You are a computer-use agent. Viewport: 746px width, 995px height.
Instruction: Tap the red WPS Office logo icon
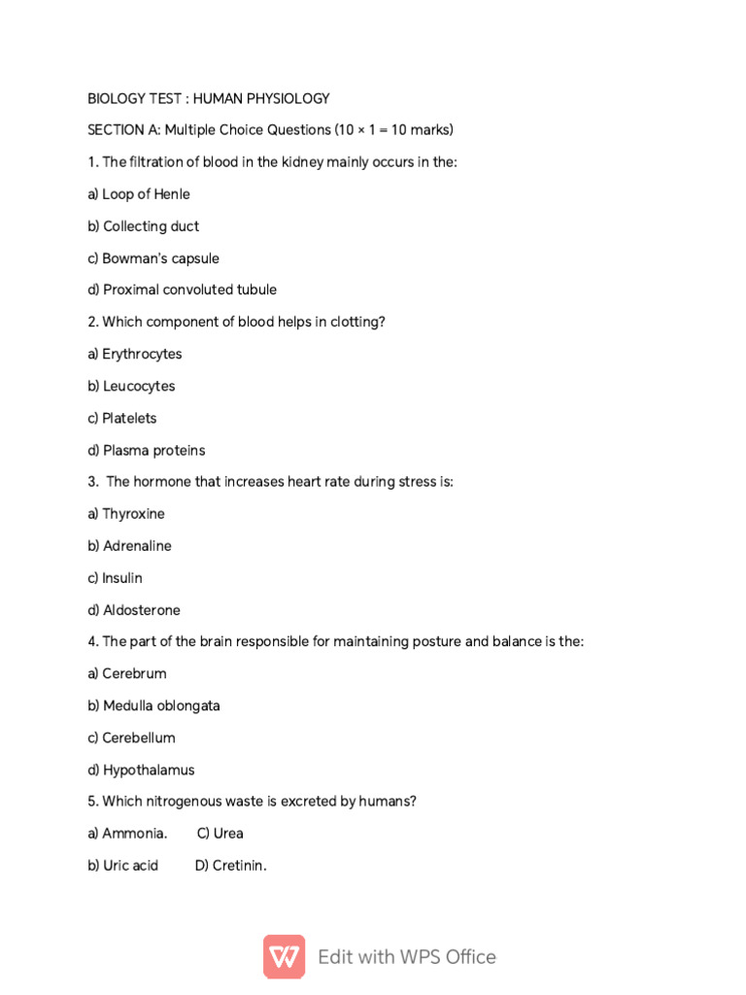coord(285,956)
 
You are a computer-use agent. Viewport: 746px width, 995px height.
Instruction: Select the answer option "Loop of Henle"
coord(146,193)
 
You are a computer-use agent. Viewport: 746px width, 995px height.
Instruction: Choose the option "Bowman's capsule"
coord(160,257)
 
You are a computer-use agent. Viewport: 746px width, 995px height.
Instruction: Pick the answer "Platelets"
coord(129,418)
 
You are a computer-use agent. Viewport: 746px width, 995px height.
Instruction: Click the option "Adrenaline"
coord(137,546)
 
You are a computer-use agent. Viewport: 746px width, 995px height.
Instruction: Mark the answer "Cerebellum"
coord(139,738)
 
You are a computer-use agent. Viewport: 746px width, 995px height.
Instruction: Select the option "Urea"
coord(228,833)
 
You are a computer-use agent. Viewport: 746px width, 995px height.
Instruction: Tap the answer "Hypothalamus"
coord(149,770)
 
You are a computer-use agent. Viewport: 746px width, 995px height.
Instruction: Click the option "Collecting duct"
coord(151,225)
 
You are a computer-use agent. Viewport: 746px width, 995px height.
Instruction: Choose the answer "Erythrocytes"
coord(142,354)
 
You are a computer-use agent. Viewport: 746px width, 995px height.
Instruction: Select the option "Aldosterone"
coord(142,610)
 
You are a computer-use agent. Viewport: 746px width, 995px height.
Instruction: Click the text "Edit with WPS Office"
coord(407,957)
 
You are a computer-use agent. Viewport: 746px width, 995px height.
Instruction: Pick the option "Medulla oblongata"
coord(161,705)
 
